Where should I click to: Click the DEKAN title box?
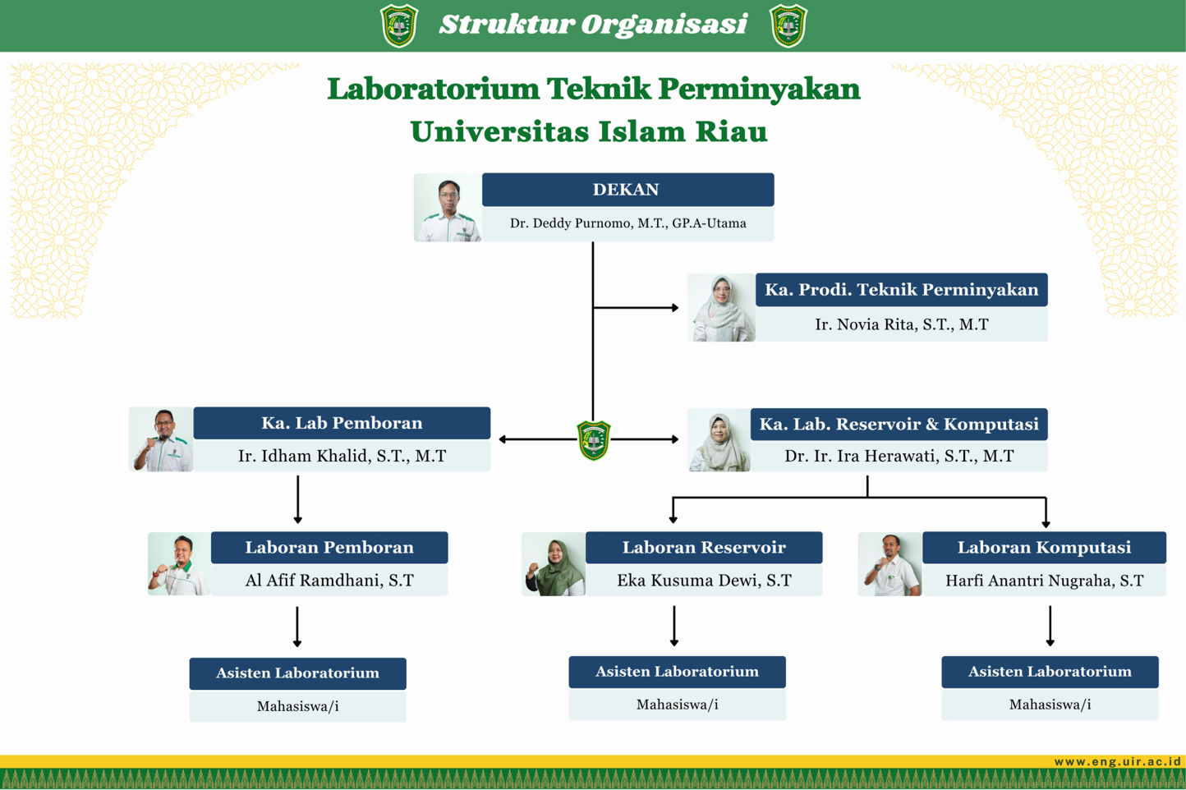coord(627,190)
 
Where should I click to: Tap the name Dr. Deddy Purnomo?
coord(627,223)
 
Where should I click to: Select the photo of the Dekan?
coord(448,208)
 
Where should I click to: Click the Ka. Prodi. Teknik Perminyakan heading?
coord(901,290)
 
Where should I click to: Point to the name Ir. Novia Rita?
coord(901,324)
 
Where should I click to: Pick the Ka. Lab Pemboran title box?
coord(342,423)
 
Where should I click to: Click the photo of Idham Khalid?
coord(162,439)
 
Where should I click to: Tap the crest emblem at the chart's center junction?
coord(593,439)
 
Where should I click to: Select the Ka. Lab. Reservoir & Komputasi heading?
coord(899,424)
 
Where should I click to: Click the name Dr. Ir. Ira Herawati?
coord(899,456)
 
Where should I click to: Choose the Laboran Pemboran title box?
coord(329,547)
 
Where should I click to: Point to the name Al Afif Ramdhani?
coord(329,581)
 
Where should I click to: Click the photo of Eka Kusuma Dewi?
coord(554,564)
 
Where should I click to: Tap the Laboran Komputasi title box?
coord(1044,547)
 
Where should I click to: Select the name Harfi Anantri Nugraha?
coord(1044,581)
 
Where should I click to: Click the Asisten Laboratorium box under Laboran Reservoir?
coord(677,672)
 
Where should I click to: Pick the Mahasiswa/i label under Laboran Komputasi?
coord(1050,705)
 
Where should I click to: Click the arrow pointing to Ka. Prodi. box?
coord(673,308)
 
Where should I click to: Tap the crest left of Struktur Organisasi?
coord(400,25)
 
